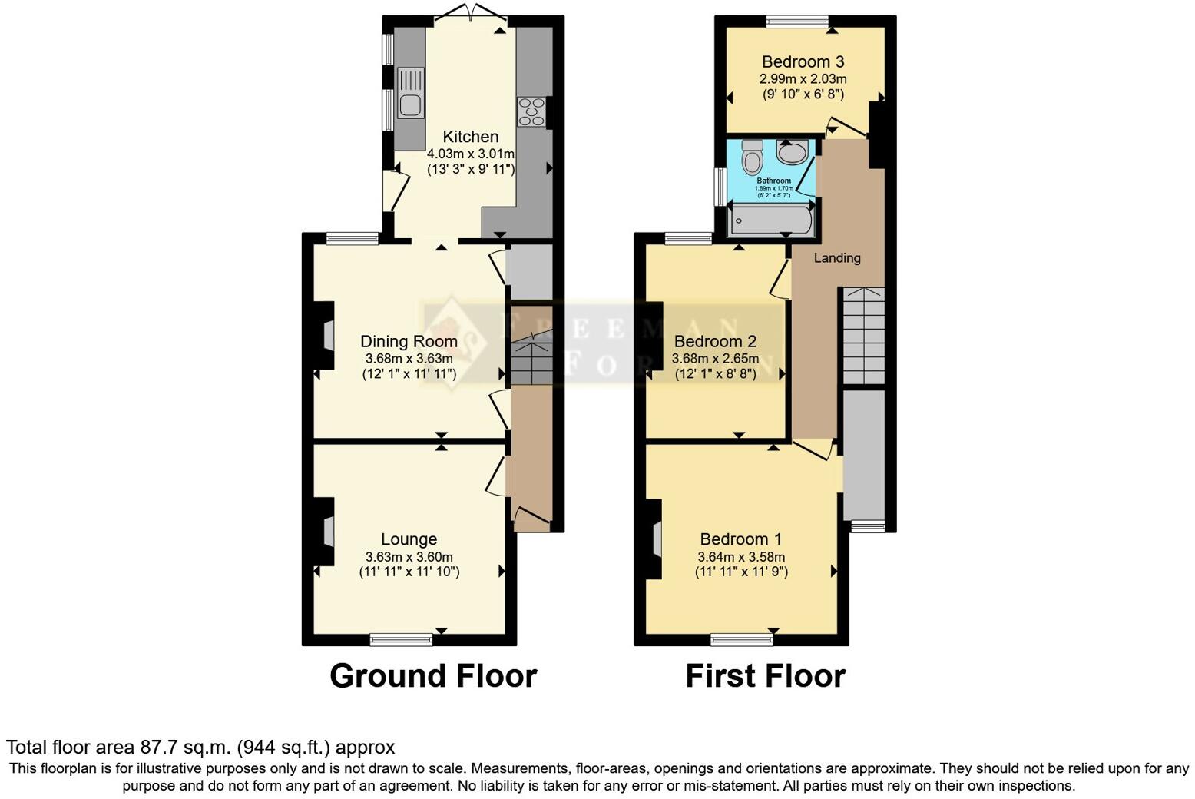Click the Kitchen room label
(470, 137)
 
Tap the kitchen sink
(411, 92)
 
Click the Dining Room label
(409, 341)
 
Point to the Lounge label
(409, 539)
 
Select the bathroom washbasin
(793, 151)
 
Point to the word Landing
(836, 258)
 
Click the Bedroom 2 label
(715, 341)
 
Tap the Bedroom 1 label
(741, 539)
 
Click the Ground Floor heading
(433, 676)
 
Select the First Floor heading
(765, 676)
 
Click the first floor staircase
(864, 336)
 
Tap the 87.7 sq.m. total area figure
(185, 747)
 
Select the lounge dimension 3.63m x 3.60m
(409, 557)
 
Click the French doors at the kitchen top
(470, 13)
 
